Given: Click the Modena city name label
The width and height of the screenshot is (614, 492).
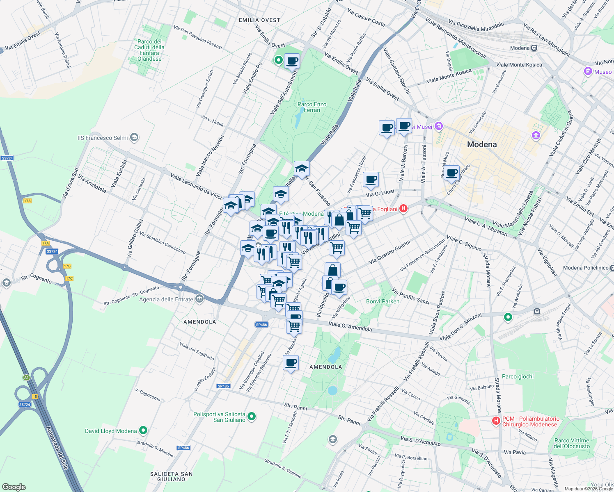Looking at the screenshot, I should pyautogui.click(x=482, y=144).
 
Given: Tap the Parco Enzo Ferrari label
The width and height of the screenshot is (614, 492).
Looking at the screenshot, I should pyautogui.click(x=312, y=107).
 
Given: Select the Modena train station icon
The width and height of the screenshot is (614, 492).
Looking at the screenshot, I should pyautogui.click(x=534, y=48).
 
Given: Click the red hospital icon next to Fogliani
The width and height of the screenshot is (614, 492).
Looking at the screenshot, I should pyautogui.click(x=403, y=209).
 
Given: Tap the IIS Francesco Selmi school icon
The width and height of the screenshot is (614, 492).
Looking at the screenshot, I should pyautogui.click(x=134, y=138).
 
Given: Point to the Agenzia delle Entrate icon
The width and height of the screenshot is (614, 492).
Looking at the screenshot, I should pyautogui.click(x=199, y=299).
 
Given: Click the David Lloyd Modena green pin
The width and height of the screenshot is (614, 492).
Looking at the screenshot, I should pyautogui.click(x=143, y=430).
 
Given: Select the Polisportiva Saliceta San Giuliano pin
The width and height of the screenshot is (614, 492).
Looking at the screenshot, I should pyautogui.click(x=252, y=417).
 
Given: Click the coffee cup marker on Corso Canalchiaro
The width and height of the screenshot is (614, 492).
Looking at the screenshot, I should pyautogui.click(x=452, y=173).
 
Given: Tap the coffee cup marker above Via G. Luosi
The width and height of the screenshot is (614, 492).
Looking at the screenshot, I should pyautogui.click(x=371, y=179).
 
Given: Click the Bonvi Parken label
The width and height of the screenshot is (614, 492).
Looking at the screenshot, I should pyautogui.click(x=383, y=301).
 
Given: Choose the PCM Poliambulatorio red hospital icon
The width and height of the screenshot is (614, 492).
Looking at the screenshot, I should pyautogui.click(x=496, y=421).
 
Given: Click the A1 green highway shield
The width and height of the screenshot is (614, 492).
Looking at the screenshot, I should pyautogui.click(x=26, y=378).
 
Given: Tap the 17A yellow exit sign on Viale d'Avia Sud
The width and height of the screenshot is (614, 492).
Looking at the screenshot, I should pyautogui.click(x=27, y=201).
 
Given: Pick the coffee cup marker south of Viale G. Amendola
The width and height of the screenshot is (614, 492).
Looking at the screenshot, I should pyautogui.click(x=291, y=363).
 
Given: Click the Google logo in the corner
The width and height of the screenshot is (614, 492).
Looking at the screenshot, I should pyautogui.click(x=14, y=487).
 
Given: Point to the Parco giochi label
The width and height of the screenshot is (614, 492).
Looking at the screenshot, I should pyautogui.click(x=518, y=376).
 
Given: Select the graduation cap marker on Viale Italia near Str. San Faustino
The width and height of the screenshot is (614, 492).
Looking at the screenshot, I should pyautogui.click(x=302, y=169).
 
